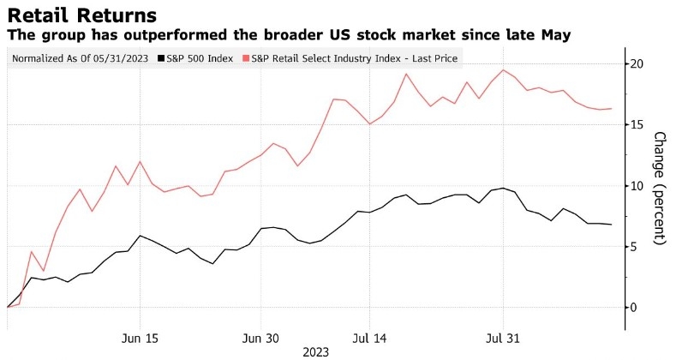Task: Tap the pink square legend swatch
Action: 245,58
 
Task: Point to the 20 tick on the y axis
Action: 637,63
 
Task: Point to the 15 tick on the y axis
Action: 637,124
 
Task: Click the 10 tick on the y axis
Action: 637,185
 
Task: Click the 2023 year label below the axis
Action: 316,351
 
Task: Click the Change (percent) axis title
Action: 660,189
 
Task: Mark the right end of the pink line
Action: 611,109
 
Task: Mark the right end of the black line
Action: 611,225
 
